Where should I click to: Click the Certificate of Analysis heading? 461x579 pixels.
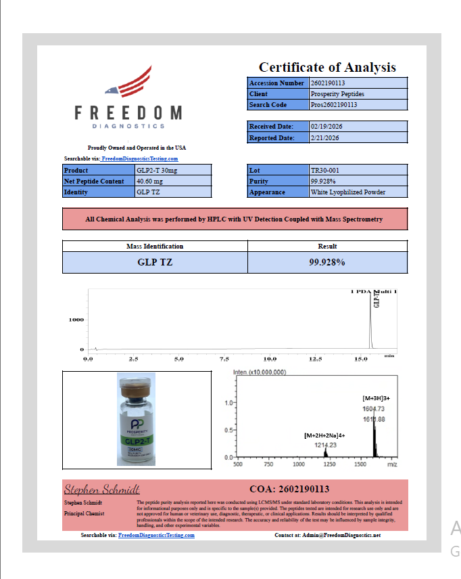tap(327, 67)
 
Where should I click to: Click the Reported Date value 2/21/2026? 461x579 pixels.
tap(325, 138)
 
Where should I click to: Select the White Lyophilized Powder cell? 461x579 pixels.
tap(347, 192)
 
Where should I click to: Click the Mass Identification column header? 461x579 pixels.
tap(155, 246)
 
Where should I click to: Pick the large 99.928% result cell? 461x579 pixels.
tap(327, 262)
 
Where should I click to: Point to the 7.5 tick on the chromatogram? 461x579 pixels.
tap(224, 359)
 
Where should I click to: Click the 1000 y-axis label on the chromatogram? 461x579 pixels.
tap(76, 320)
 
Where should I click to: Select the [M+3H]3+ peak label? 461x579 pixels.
tap(377, 399)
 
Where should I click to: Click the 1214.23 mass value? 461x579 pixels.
tap(325, 445)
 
